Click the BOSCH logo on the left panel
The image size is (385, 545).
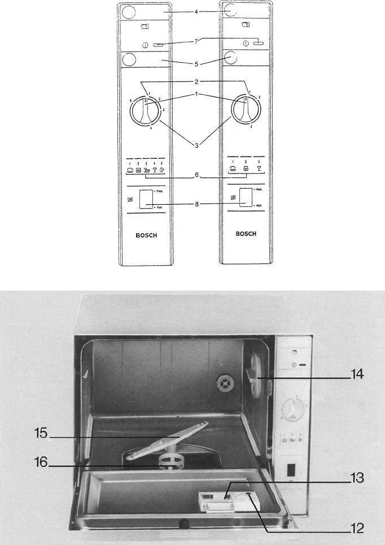coord(147,236)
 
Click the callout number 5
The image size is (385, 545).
coord(195,64)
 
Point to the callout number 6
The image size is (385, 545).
coord(195,176)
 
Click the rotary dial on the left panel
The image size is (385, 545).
coord(146,114)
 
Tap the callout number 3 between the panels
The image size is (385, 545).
coord(195,146)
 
